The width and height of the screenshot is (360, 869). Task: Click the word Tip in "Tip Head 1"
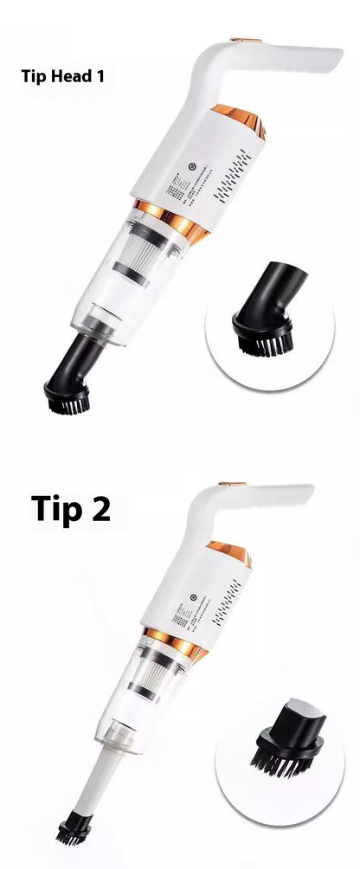click(33, 76)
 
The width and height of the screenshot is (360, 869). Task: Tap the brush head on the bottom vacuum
click(74, 834)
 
